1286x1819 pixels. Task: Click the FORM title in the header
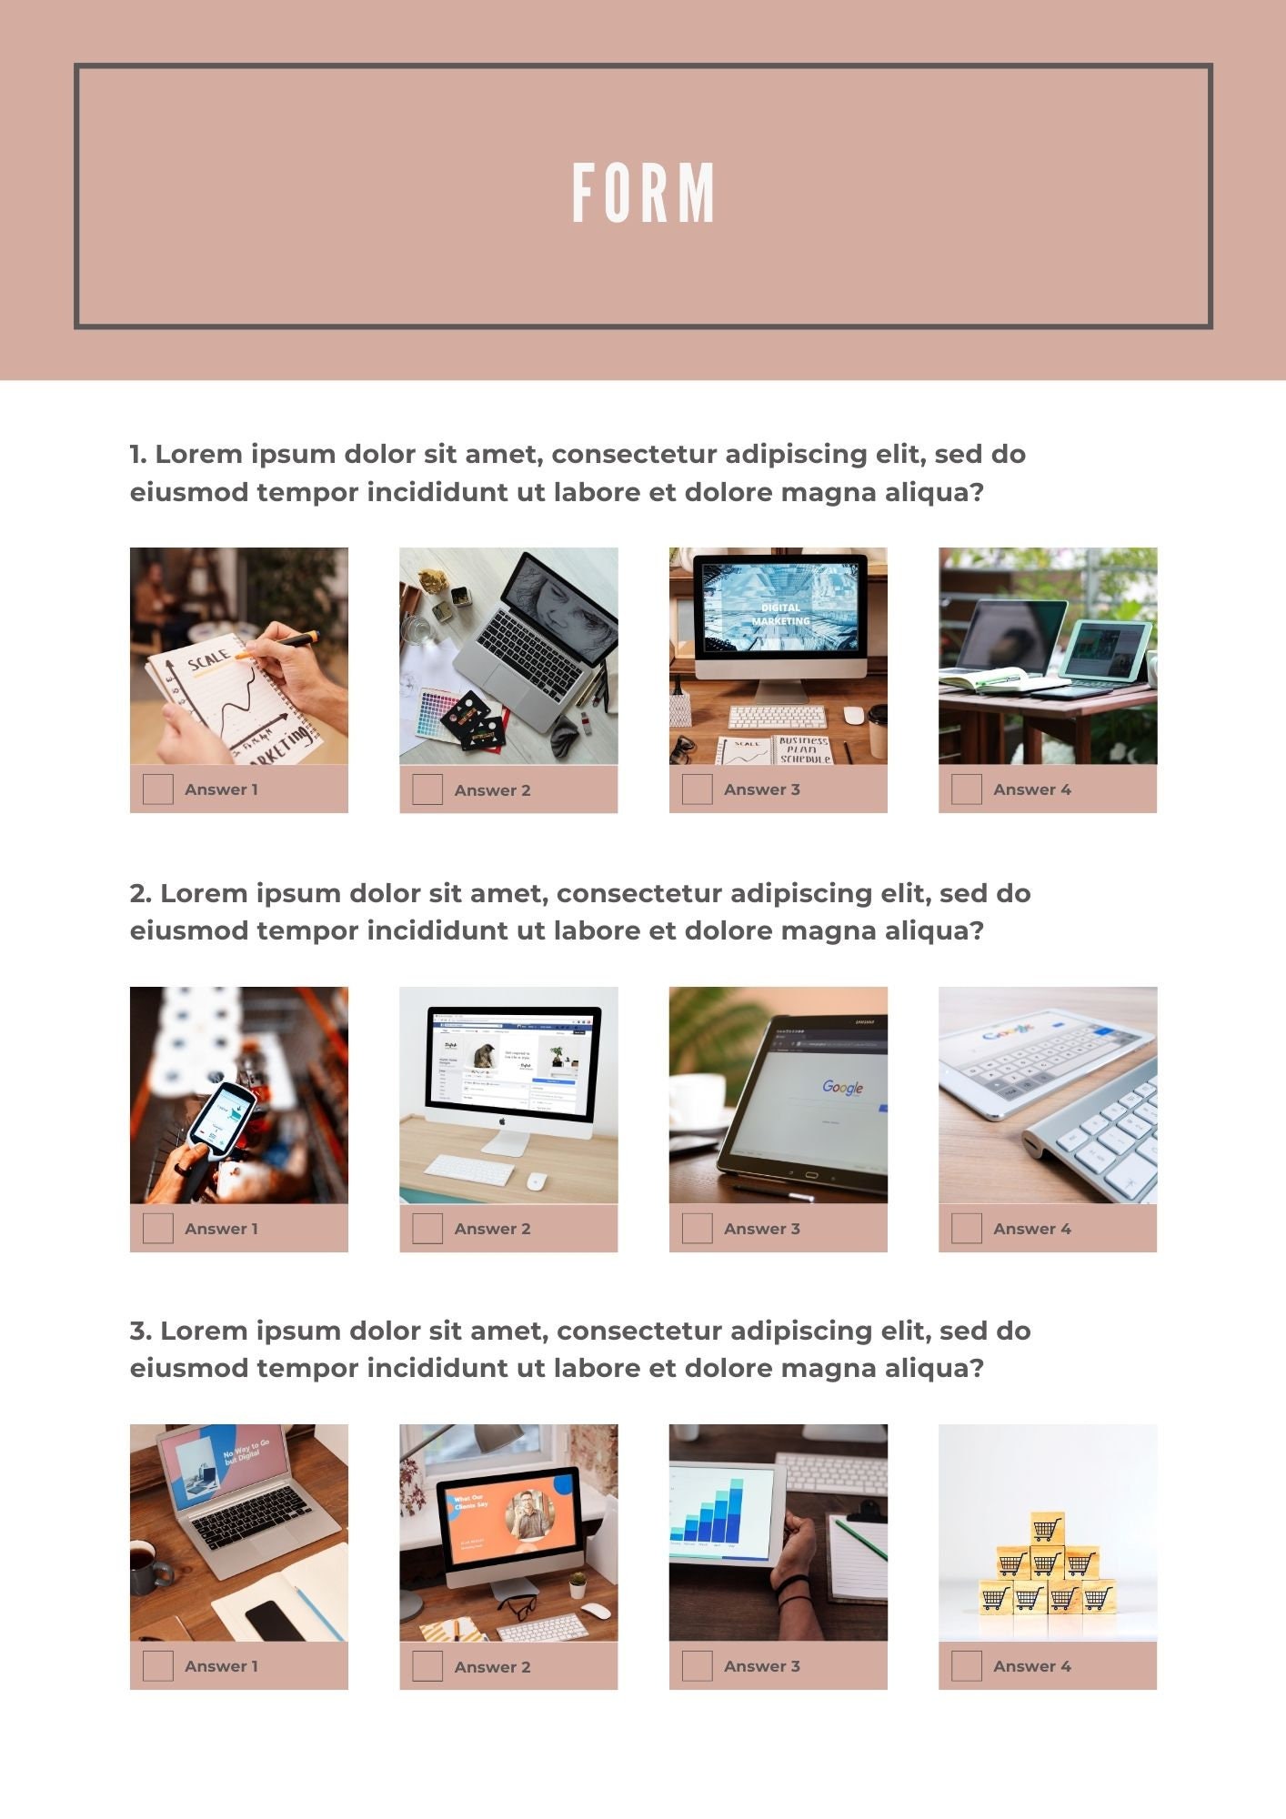click(x=643, y=193)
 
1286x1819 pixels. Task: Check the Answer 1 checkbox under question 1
click(x=157, y=789)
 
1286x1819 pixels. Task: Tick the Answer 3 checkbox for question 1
click(x=697, y=789)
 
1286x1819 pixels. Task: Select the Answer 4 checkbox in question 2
click(x=966, y=1228)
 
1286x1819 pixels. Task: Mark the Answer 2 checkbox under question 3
click(x=427, y=1666)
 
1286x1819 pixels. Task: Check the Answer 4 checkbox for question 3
click(x=966, y=1666)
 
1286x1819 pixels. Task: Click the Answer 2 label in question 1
click(x=492, y=790)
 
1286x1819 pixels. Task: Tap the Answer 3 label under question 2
click(x=761, y=1229)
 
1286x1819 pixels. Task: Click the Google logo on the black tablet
click(x=842, y=1087)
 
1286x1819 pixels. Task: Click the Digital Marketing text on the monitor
click(x=780, y=614)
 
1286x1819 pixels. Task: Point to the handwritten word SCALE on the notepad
click(x=208, y=658)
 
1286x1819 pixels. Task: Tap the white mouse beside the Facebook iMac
click(x=537, y=1181)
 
